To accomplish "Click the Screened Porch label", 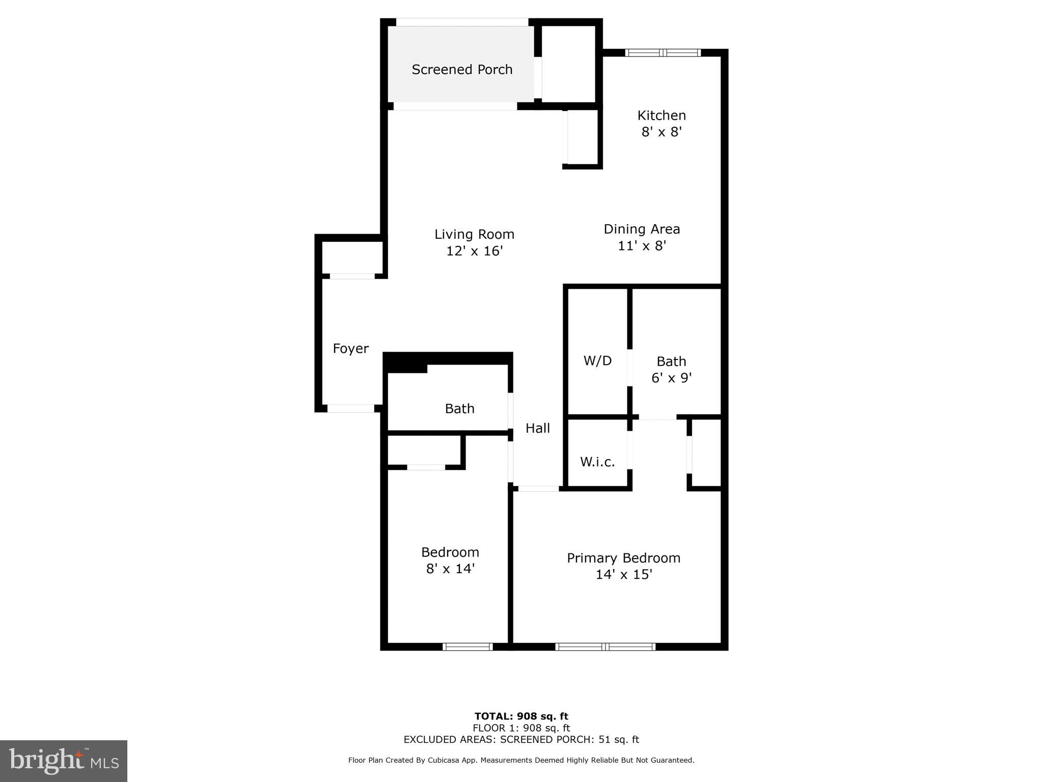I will coord(462,70).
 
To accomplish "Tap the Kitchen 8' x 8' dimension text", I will coord(662,132).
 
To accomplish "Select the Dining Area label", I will coord(642,229).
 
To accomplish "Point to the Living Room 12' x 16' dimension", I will coord(475,251).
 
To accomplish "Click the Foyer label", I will coord(350,349).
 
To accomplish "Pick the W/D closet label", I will coord(597,361).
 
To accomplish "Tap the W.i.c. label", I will coord(597,462).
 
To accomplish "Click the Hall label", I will coord(538,428).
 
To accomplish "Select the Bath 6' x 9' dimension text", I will coord(671,378).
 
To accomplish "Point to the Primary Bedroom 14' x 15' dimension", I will coord(624,575).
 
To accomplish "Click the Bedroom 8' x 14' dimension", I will coord(450,569).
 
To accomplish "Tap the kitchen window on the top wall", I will coord(663,52).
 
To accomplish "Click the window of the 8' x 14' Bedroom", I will coord(468,647).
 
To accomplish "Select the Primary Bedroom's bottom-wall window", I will coord(605,647).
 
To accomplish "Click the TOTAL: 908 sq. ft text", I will coord(521,716).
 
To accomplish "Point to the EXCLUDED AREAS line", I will coord(521,739).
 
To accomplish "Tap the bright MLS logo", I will coord(64,761).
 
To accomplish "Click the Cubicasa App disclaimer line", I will coord(521,760).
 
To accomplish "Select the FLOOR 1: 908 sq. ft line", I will coord(521,728).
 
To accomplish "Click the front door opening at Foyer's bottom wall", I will coord(350,408).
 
